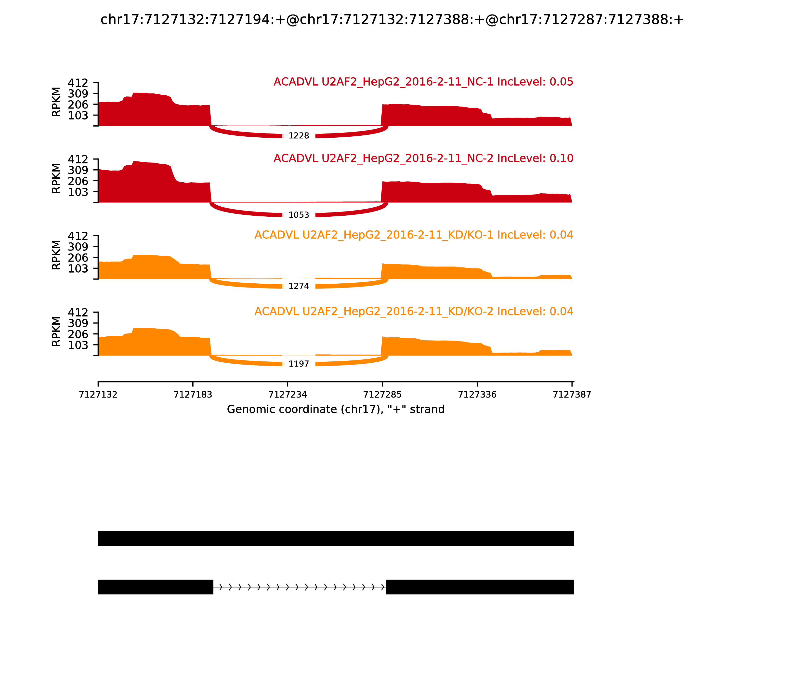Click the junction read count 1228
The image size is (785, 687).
pyautogui.click(x=299, y=136)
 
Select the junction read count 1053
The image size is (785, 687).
pyautogui.click(x=299, y=215)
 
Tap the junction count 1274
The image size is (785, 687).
pyautogui.click(x=299, y=286)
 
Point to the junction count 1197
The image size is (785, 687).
pyautogui.click(x=299, y=364)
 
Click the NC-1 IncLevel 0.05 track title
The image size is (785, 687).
pyautogui.click(x=423, y=82)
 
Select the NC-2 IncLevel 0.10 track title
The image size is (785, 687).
pyautogui.click(x=423, y=158)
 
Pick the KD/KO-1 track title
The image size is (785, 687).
pyautogui.click(x=414, y=235)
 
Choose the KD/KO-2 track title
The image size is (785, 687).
pyautogui.click(x=414, y=311)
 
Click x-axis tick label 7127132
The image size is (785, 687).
pyautogui.click(x=98, y=395)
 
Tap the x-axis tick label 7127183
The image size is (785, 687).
pyautogui.click(x=193, y=395)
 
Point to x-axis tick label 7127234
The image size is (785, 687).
pyautogui.click(x=288, y=395)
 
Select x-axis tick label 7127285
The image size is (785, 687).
pyautogui.click(x=382, y=395)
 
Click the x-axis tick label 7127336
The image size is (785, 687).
pyautogui.click(x=477, y=395)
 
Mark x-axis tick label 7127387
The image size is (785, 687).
pyautogui.click(x=572, y=395)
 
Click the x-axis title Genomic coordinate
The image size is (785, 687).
pyautogui.click(x=336, y=410)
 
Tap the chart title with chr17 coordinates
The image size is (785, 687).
pyautogui.click(x=392, y=20)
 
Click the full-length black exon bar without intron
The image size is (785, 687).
pyautogui.click(x=336, y=538)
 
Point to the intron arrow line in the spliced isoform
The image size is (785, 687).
pyautogui.click(x=299, y=587)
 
